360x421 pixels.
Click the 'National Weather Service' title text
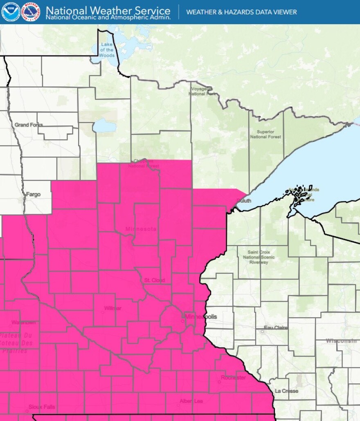pyautogui.click(x=108, y=10)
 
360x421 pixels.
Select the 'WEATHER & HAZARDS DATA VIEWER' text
pyautogui.click(x=241, y=12)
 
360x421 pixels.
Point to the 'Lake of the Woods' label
pyautogui.click(x=107, y=49)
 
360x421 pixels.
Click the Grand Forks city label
pyautogui.click(x=29, y=125)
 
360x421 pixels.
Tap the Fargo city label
pyautogui.click(x=33, y=195)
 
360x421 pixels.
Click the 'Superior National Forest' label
pyautogui.click(x=265, y=134)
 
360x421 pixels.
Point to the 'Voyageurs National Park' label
pyautogui.click(x=202, y=91)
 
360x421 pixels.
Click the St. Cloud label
pyautogui.click(x=154, y=280)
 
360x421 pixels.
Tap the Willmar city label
pyautogui.click(x=112, y=308)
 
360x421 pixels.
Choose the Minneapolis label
pyautogui.click(x=201, y=317)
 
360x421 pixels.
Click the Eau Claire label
pyautogui.click(x=276, y=328)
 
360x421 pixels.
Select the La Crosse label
pyautogui.click(x=286, y=391)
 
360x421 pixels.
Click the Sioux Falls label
pyautogui.click(x=42, y=407)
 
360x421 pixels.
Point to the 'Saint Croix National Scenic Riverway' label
pyautogui.click(x=258, y=257)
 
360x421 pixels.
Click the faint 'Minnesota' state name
pyautogui.click(x=141, y=229)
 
